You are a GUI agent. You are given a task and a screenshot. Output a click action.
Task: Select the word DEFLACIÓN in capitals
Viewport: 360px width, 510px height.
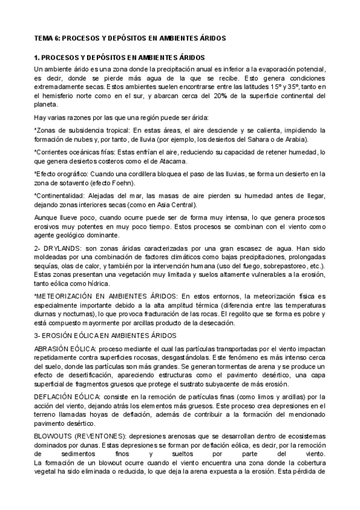pos(53,396)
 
